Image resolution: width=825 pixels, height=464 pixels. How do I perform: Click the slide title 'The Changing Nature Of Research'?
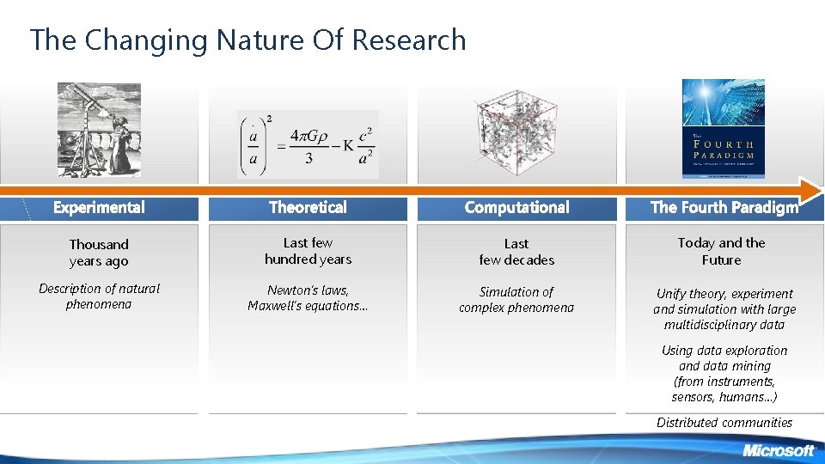point(247,40)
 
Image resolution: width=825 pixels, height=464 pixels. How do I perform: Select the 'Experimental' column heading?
point(99,207)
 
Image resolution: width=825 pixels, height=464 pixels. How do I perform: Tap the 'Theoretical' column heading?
point(308,207)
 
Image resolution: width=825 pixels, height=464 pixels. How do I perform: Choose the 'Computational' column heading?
point(516,207)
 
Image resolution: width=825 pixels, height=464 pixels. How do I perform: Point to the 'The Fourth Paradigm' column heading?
point(724,207)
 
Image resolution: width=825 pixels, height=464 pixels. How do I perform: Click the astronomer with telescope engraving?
point(99,130)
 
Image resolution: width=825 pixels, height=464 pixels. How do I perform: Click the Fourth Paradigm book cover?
point(723,129)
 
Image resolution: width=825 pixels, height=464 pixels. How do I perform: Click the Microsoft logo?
point(778,450)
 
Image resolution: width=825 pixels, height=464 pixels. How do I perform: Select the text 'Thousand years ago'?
point(99,253)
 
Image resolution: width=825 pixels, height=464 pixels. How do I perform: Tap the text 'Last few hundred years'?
point(308,251)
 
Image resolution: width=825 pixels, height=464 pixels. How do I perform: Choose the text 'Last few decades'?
point(516,252)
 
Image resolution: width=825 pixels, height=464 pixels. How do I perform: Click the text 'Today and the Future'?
point(721,251)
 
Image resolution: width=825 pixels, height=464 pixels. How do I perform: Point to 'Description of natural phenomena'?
point(99,296)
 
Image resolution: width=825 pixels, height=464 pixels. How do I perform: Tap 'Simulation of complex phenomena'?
point(516,300)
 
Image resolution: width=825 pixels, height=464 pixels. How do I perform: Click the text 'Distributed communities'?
point(724,422)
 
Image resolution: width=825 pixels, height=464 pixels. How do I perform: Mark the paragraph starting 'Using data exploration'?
point(724,374)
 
